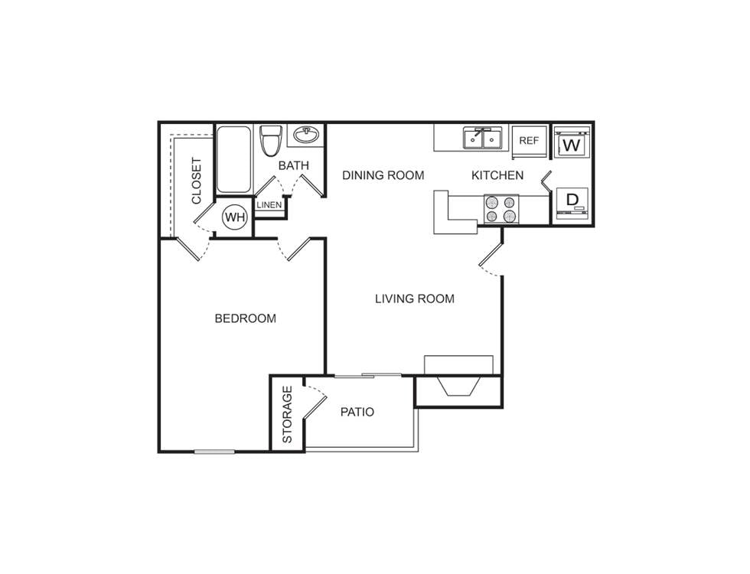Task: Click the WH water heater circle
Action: click(235, 217)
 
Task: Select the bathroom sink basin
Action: click(307, 136)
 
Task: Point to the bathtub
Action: click(233, 159)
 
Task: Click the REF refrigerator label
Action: click(529, 141)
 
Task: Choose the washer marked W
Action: click(571, 144)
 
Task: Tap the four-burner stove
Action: click(501, 209)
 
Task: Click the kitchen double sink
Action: click(483, 139)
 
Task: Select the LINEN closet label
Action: click(269, 205)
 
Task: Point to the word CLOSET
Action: click(197, 181)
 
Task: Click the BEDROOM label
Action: click(245, 318)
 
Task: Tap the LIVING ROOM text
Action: click(415, 298)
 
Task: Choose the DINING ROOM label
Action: click(383, 175)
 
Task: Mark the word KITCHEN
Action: click(497, 175)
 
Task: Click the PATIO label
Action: click(357, 412)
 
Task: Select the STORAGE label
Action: click(288, 414)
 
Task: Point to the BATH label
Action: click(293, 165)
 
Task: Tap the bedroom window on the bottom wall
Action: click(214, 452)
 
